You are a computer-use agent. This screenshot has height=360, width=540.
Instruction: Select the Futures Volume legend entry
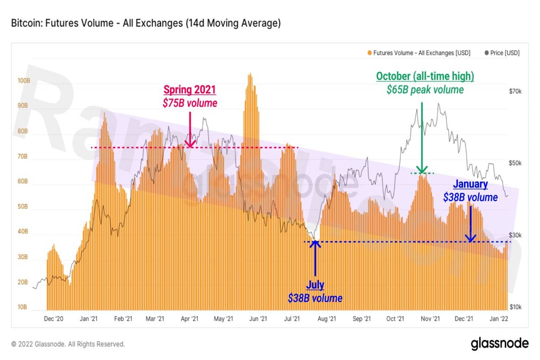click(x=421, y=53)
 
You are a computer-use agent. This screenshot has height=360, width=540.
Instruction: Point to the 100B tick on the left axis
click(x=23, y=81)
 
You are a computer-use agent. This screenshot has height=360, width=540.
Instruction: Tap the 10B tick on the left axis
click(x=23, y=307)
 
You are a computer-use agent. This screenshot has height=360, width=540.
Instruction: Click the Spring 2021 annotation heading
click(x=189, y=90)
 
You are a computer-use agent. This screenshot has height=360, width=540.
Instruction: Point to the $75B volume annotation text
click(x=189, y=103)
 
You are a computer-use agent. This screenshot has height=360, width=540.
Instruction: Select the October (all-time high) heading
click(x=425, y=76)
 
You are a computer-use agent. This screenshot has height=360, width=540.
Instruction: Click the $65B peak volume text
click(x=425, y=90)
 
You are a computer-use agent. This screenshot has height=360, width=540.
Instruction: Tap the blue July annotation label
click(x=315, y=285)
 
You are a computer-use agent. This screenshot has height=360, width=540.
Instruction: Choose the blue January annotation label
click(x=470, y=184)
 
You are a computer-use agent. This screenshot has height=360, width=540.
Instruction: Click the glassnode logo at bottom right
click(x=499, y=344)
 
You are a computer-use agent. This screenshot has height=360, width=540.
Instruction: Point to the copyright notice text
click(x=68, y=344)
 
